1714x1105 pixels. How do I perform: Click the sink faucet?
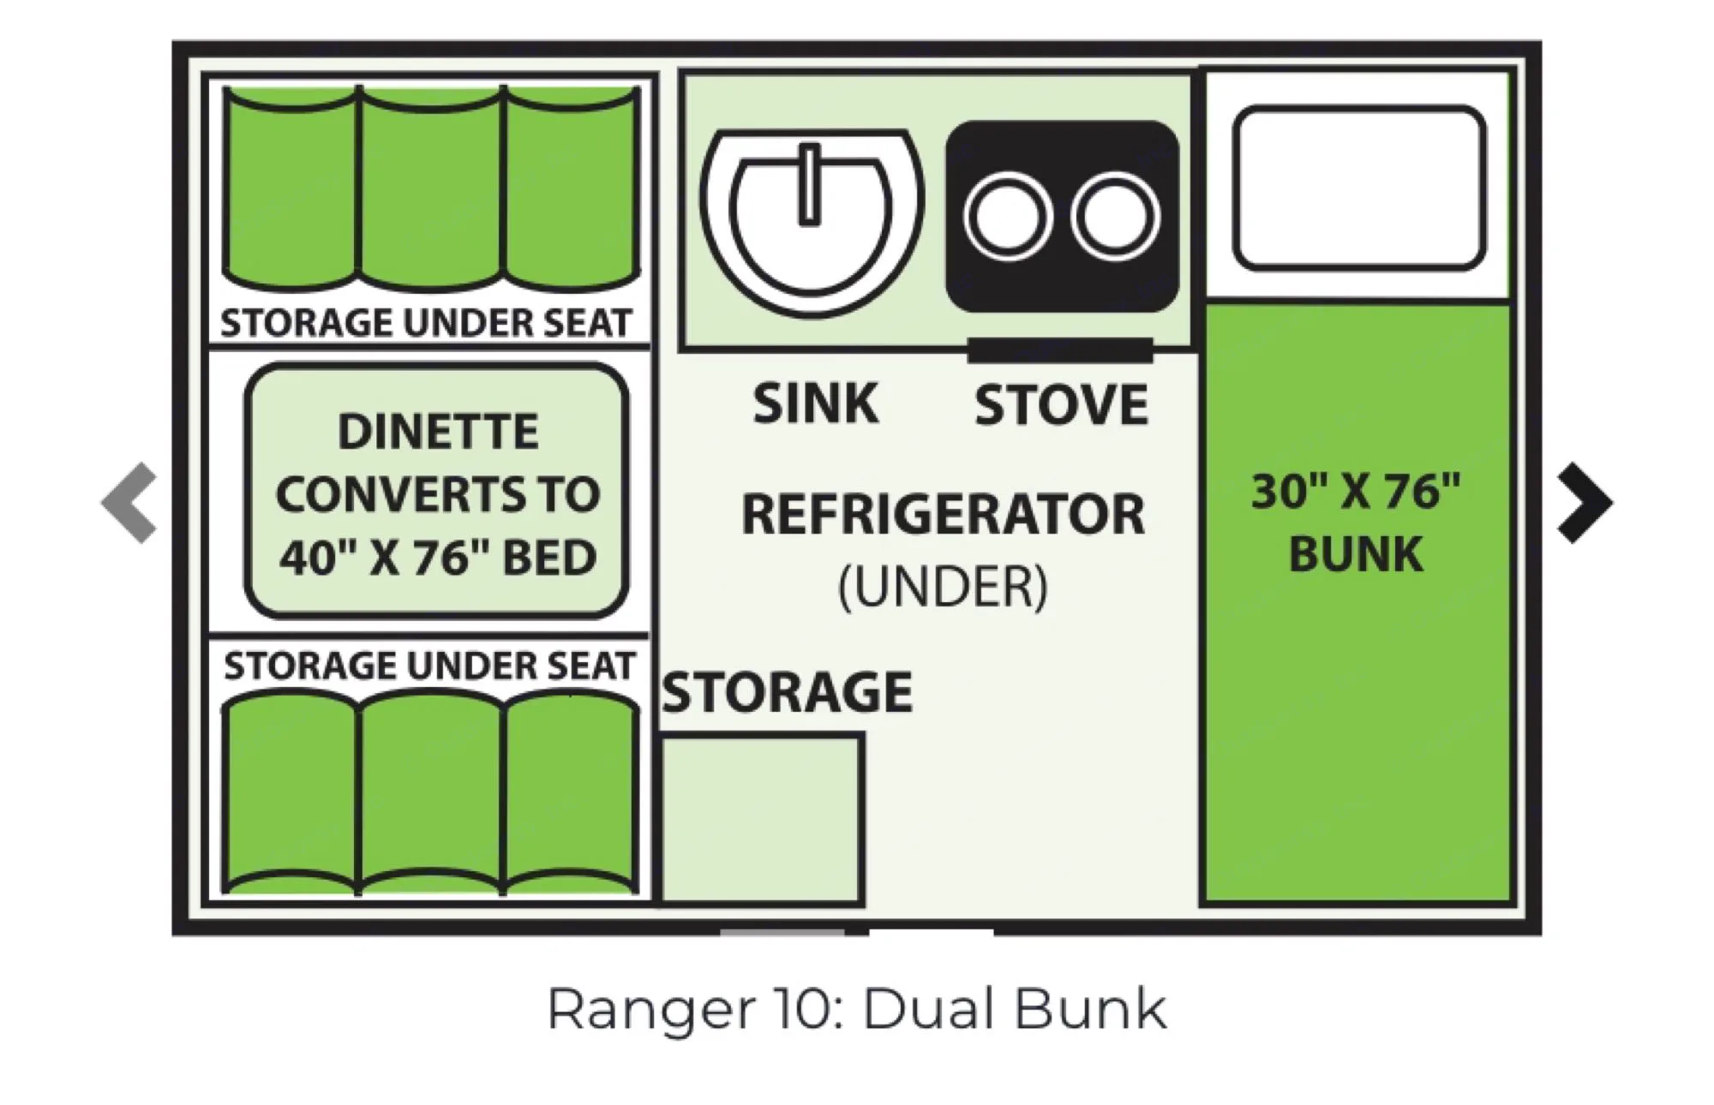coord(808,185)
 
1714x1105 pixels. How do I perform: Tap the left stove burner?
coord(1007,215)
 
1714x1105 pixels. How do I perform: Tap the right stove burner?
coord(1114,215)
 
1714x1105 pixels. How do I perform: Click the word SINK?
coord(815,403)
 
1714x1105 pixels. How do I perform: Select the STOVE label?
coord(1061,405)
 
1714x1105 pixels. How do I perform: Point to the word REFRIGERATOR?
coord(943,514)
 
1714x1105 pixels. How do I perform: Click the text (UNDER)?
coord(943,587)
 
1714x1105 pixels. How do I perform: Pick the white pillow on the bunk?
coord(1358,188)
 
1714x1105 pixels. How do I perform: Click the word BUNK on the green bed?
coord(1356,553)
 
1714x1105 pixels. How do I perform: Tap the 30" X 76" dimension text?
coord(1356,492)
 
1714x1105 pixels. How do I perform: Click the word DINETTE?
coord(438,431)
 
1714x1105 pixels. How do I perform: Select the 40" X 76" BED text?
coord(438,558)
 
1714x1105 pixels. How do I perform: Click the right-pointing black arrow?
coord(1585,503)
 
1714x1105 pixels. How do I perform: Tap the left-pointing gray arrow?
coord(130,503)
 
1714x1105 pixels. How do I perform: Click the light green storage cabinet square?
coord(761,819)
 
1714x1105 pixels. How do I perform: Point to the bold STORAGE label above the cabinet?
coord(787,692)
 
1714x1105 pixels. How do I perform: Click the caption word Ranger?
coord(651,1009)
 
